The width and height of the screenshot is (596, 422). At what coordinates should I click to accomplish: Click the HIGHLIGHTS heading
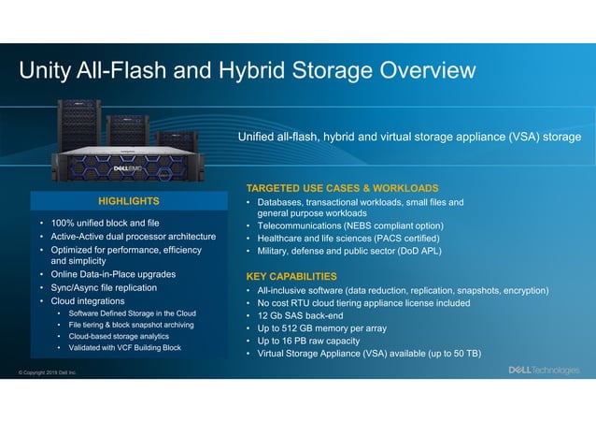click(x=128, y=201)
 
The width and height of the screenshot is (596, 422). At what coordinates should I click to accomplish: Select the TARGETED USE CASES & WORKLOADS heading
click(x=341, y=187)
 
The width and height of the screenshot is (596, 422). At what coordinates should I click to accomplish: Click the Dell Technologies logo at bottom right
click(x=543, y=371)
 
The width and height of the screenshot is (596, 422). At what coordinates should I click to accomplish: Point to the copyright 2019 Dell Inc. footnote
click(x=48, y=373)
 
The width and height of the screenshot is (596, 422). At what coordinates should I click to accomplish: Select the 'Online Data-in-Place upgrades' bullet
click(x=112, y=274)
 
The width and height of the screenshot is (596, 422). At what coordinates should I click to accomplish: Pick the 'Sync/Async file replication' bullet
click(x=104, y=288)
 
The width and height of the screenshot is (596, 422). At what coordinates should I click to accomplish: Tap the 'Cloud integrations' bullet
click(x=88, y=301)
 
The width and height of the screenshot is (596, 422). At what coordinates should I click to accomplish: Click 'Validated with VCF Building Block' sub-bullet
click(x=125, y=347)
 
